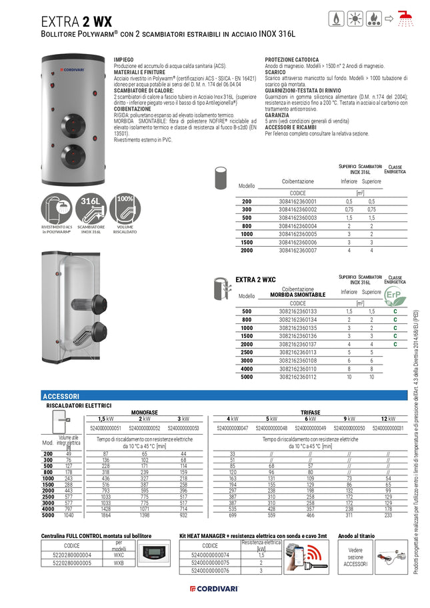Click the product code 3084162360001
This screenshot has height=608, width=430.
(297, 201)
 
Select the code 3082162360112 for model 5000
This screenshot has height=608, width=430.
(297, 377)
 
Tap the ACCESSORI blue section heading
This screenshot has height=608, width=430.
(61, 396)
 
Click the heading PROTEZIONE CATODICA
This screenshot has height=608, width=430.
(291, 59)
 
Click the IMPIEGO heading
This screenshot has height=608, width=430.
(124, 59)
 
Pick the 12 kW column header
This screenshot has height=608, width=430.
(389, 419)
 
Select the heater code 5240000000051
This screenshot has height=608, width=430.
(105, 428)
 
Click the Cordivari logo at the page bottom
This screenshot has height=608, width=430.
(215, 589)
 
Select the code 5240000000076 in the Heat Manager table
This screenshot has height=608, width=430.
(210, 570)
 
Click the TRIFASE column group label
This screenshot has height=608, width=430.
(310, 412)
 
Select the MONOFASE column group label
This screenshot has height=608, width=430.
(144, 412)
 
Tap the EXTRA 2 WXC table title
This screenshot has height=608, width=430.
(256, 279)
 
